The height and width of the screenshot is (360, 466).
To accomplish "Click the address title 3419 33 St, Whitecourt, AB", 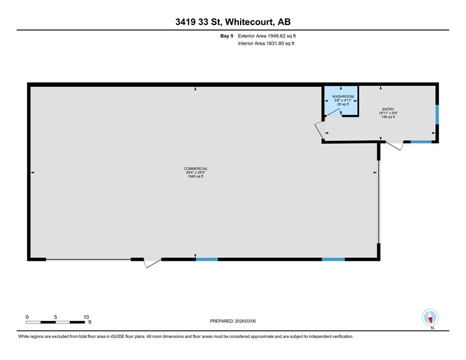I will [x=233, y=23].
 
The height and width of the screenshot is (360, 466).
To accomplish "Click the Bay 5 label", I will [x=226, y=37].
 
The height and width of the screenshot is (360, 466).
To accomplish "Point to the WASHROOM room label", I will [x=343, y=97].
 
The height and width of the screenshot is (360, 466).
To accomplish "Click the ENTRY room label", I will [x=386, y=109].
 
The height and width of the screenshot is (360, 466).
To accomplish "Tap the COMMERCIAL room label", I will [x=196, y=168].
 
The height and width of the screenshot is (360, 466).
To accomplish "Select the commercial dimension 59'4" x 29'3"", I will [x=196, y=173].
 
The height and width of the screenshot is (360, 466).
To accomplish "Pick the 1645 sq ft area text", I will [x=196, y=177].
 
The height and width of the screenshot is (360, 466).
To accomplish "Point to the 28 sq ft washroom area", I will [x=343, y=105].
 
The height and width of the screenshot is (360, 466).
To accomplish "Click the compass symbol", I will [x=431, y=318].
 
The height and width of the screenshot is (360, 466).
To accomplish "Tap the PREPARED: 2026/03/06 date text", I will [x=233, y=321].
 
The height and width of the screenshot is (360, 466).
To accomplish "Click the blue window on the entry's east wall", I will [x=437, y=114].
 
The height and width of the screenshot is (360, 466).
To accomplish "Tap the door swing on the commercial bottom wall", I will [x=151, y=263].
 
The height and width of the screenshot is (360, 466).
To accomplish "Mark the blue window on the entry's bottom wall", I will [x=421, y=142].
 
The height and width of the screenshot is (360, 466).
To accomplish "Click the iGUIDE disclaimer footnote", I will [x=186, y=336].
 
